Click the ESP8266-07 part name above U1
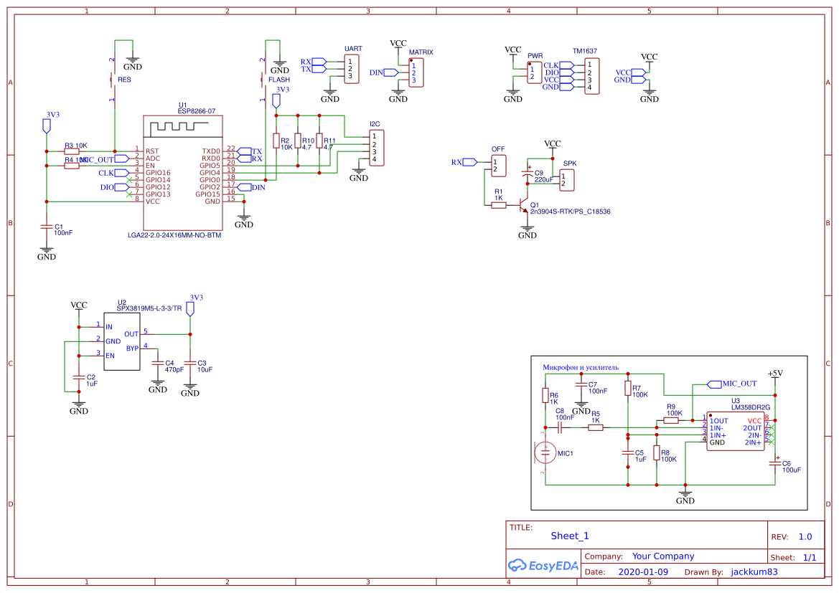point(197,111)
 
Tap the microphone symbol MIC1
point(545,452)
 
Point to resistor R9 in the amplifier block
point(671,421)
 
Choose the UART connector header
point(351,69)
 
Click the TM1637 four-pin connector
point(591,76)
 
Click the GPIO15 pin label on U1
point(209,194)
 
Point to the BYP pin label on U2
point(132,348)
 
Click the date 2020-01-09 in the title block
point(642,572)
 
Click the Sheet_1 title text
point(570,536)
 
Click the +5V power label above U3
point(775,374)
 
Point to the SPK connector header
point(567,180)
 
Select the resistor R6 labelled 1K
point(545,396)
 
